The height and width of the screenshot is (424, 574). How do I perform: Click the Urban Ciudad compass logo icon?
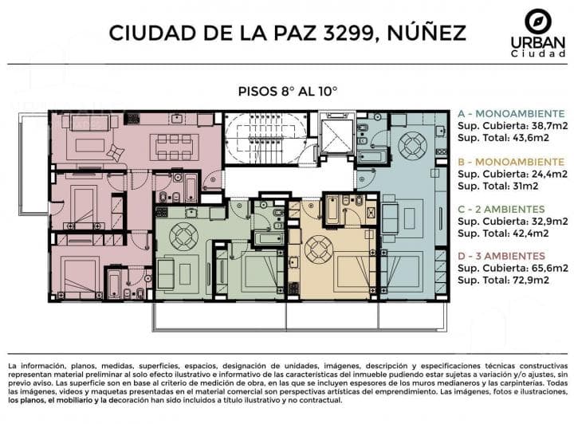click(538, 21)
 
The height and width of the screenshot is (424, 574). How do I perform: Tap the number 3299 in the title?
click(348, 33)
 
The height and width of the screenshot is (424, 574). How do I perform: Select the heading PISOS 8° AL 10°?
click(287, 91)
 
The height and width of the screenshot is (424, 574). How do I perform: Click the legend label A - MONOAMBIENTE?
click(511, 113)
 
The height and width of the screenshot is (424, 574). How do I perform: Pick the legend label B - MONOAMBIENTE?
click(511, 162)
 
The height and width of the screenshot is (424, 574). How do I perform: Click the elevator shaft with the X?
click(336, 135)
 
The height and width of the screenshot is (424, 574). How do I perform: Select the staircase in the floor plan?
click(266, 139)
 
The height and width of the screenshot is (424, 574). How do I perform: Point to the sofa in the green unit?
click(165, 273)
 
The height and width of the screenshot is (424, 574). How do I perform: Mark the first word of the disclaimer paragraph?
click(13, 366)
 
